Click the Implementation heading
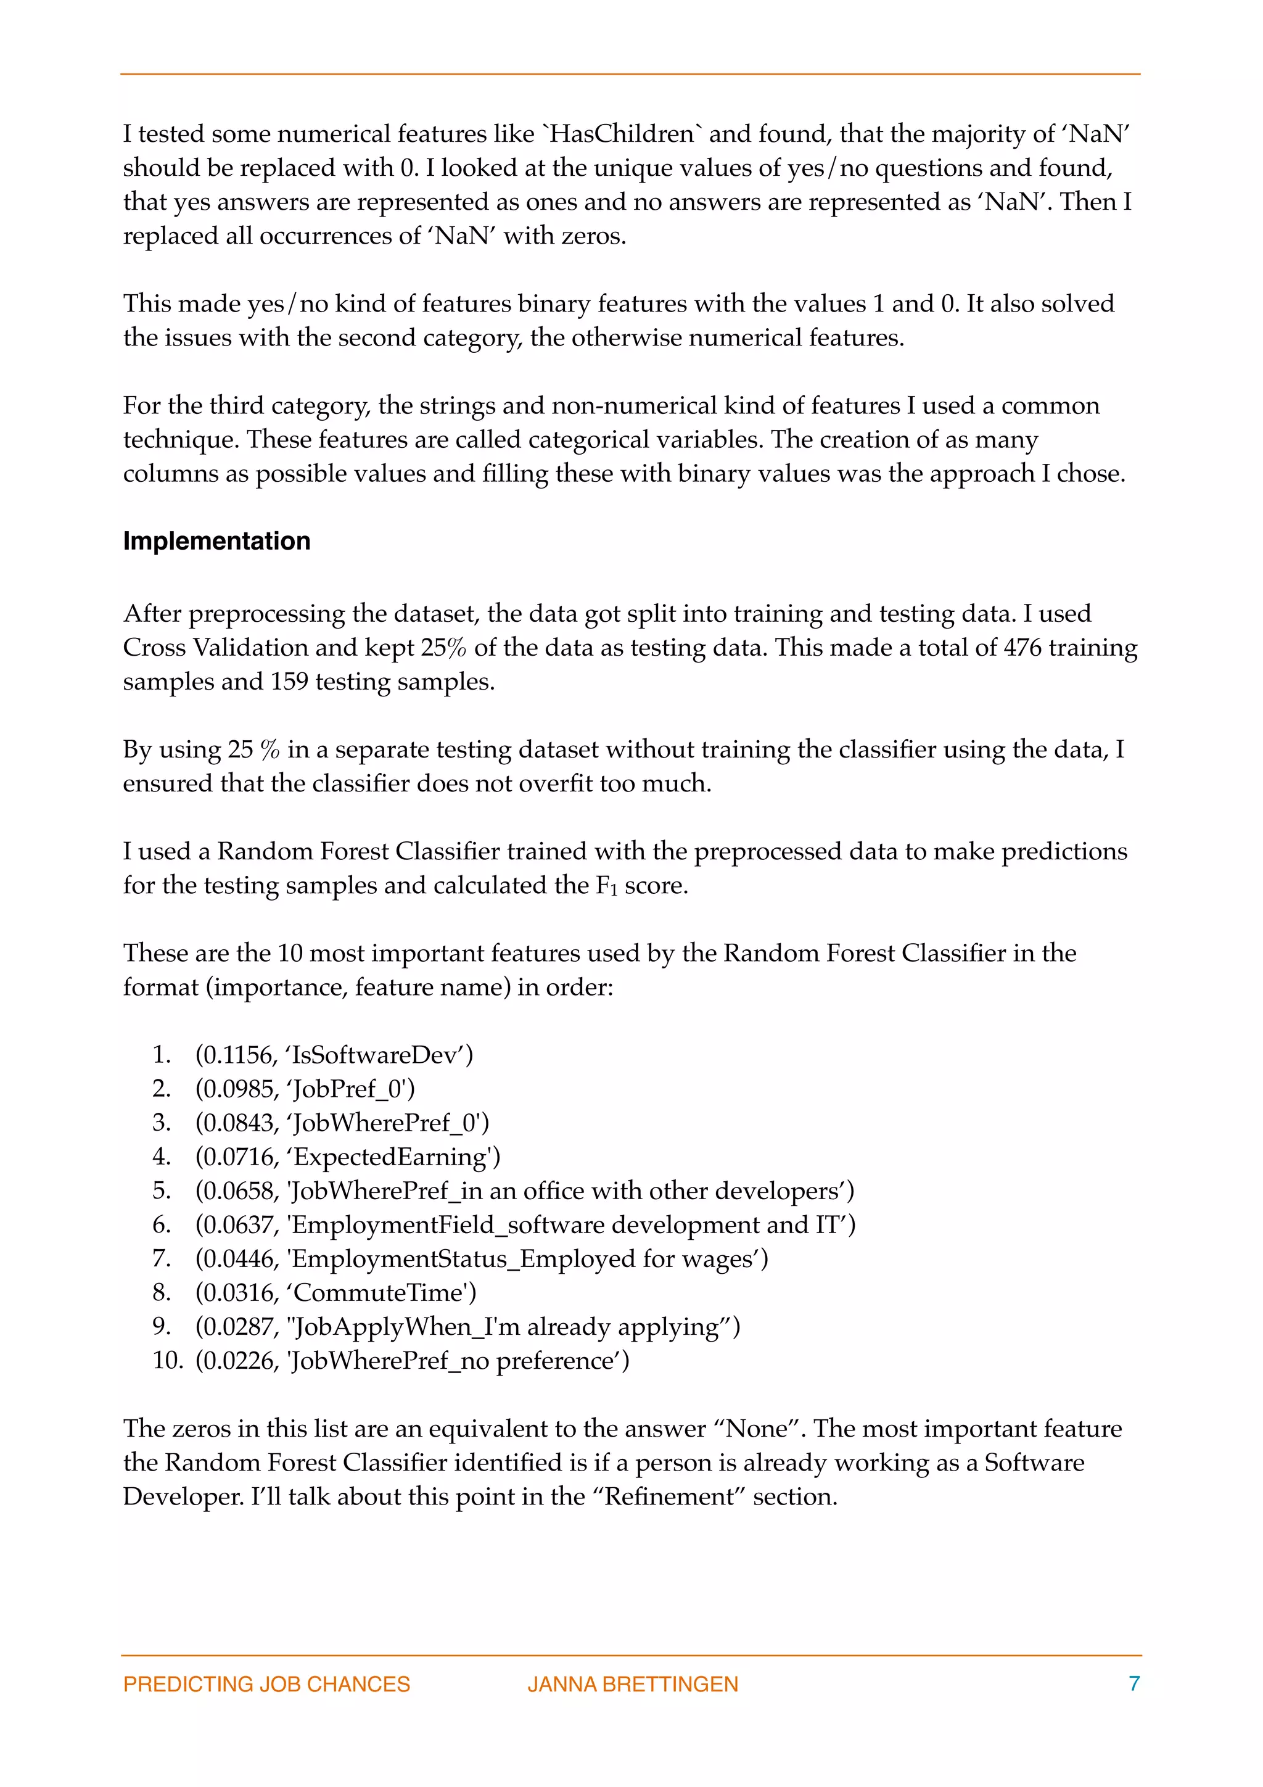click(x=216, y=541)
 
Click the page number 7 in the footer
click(x=1134, y=1683)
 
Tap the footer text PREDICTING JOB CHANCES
click(x=266, y=1684)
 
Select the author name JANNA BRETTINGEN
click(x=633, y=1684)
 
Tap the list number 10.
click(x=167, y=1361)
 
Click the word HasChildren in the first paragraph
click(x=622, y=134)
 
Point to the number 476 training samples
click(x=1022, y=648)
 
